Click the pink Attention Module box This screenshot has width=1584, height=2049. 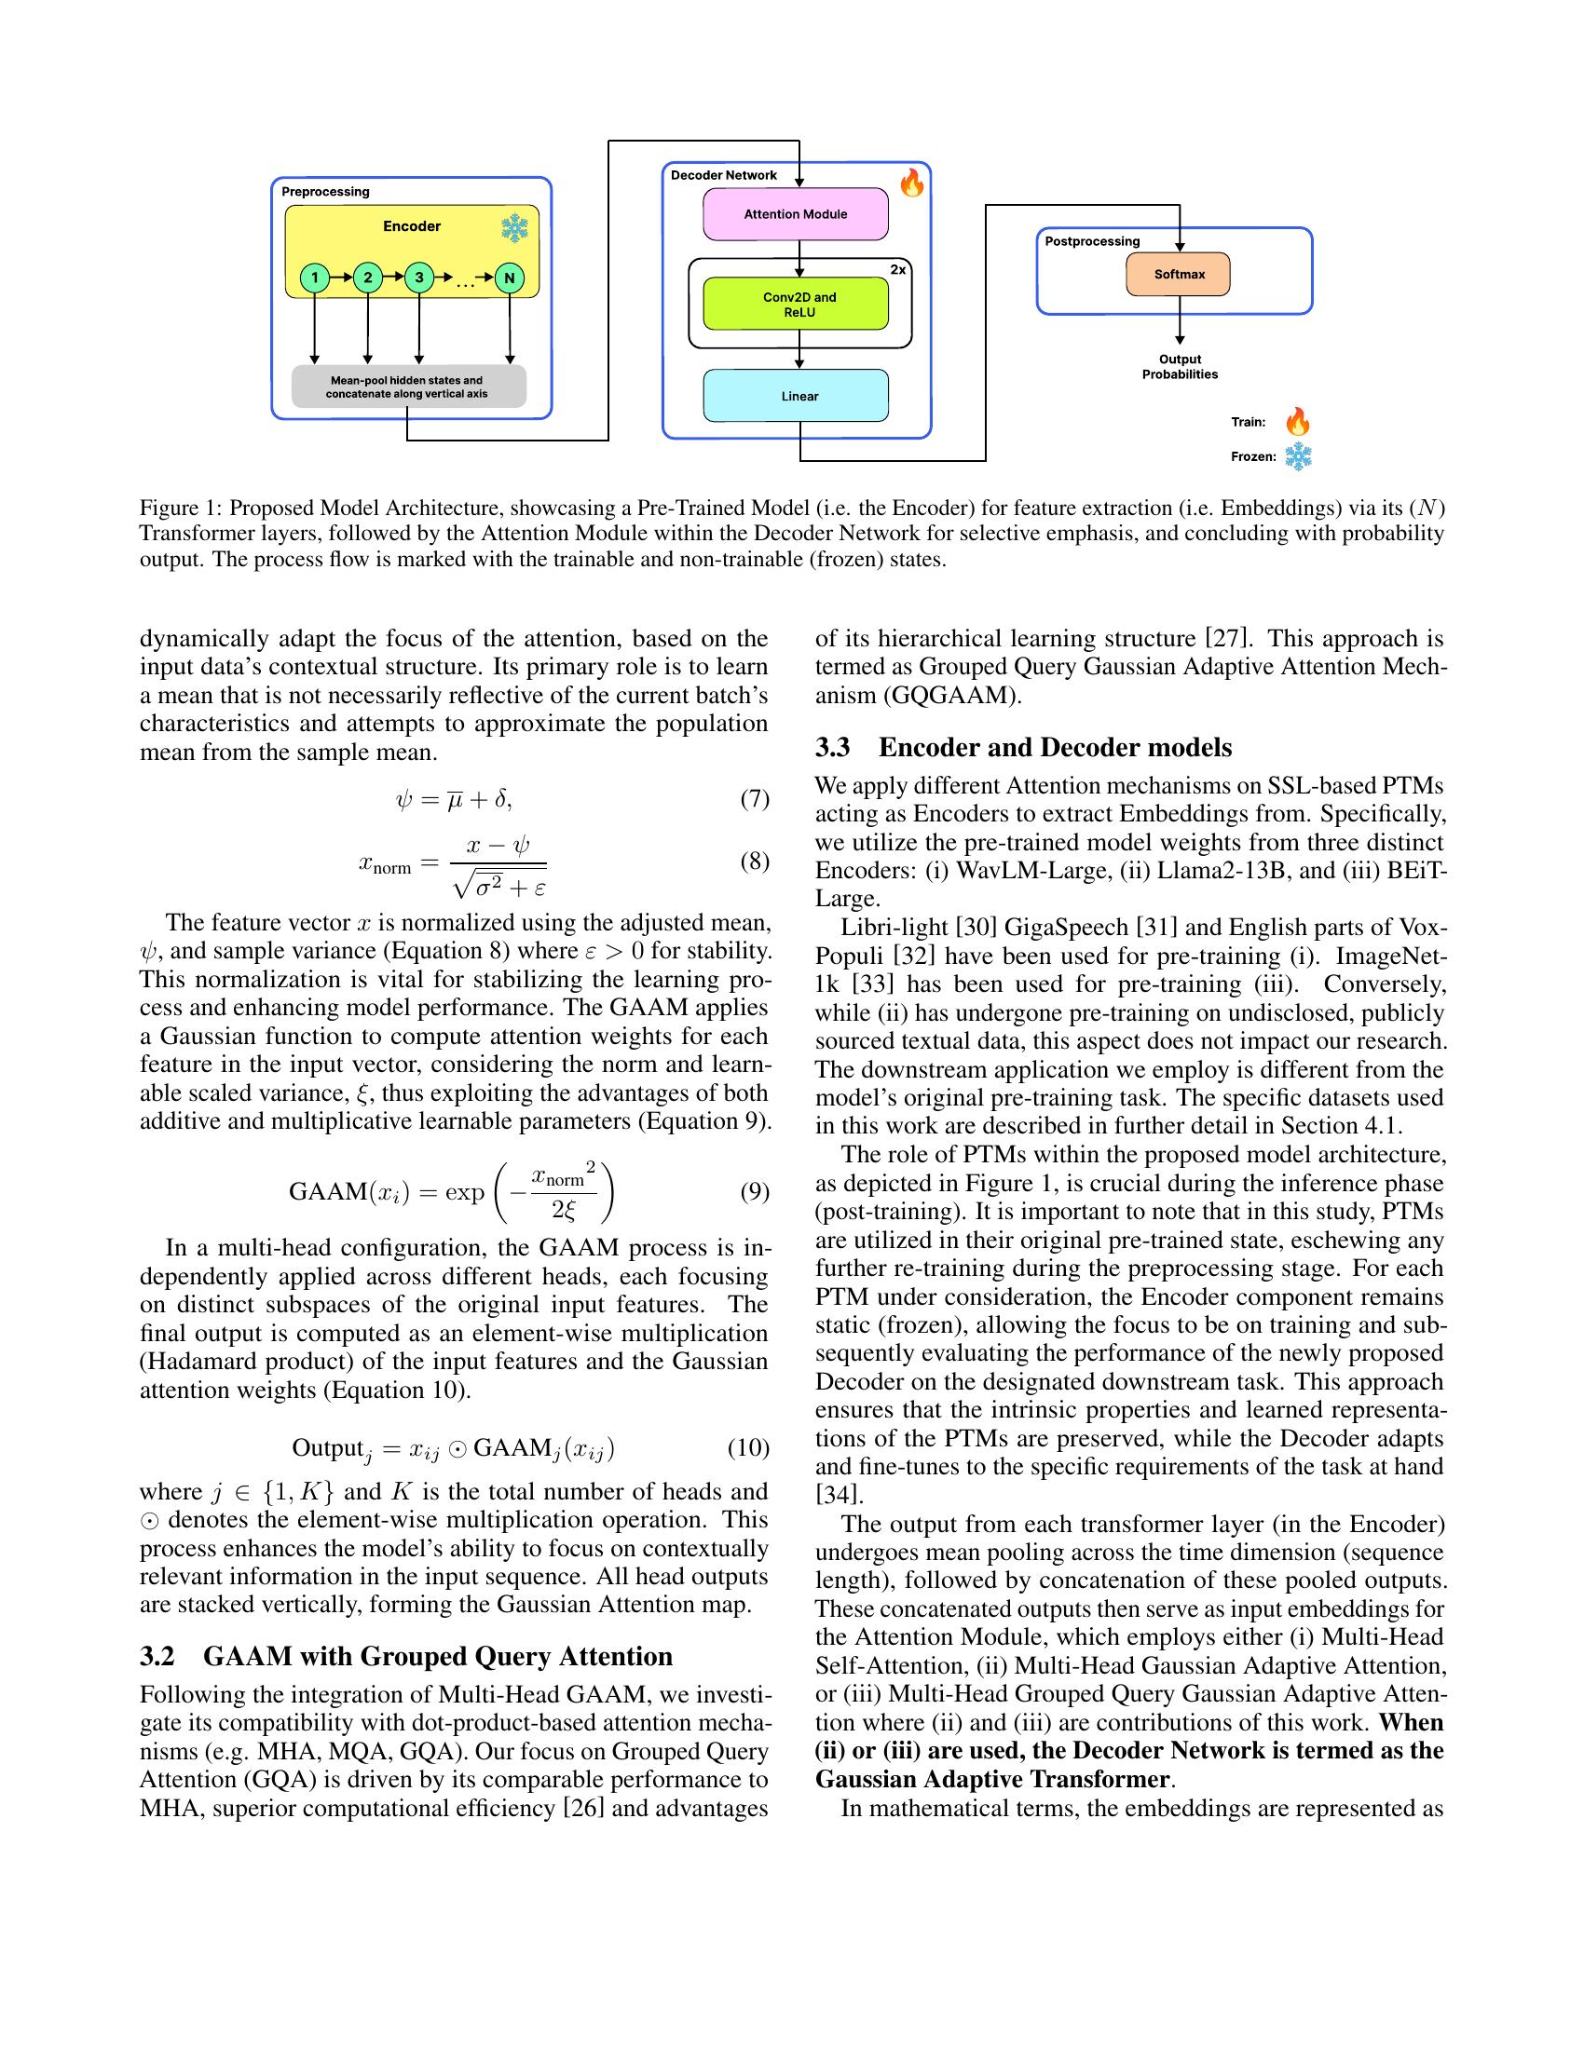(x=795, y=214)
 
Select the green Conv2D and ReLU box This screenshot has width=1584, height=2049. (x=795, y=304)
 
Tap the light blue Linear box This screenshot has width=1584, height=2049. (x=795, y=396)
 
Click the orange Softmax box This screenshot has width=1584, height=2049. (x=1178, y=274)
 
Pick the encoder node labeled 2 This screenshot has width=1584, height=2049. (x=367, y=278)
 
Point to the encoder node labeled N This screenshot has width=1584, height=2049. (x=509, y=278)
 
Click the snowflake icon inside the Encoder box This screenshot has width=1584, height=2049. (x=514, y=228)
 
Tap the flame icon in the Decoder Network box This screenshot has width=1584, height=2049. (x=911, y=183)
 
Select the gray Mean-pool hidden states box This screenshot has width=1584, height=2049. (x=407, y=387)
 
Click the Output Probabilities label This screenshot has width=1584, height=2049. (x=1180, y=367)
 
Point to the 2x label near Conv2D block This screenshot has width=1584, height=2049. (x=897, y=269)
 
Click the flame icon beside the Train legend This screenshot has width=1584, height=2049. (x=1297, y=421)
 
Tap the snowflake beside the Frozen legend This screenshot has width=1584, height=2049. (x=1297, y=457)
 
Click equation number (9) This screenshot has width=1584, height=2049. (x=755, y=1191)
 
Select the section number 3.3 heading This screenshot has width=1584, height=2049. (x=832, y=748)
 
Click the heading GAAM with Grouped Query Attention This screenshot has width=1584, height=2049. (x=437, y=1656)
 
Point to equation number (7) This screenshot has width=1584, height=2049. (x=755, y=798)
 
